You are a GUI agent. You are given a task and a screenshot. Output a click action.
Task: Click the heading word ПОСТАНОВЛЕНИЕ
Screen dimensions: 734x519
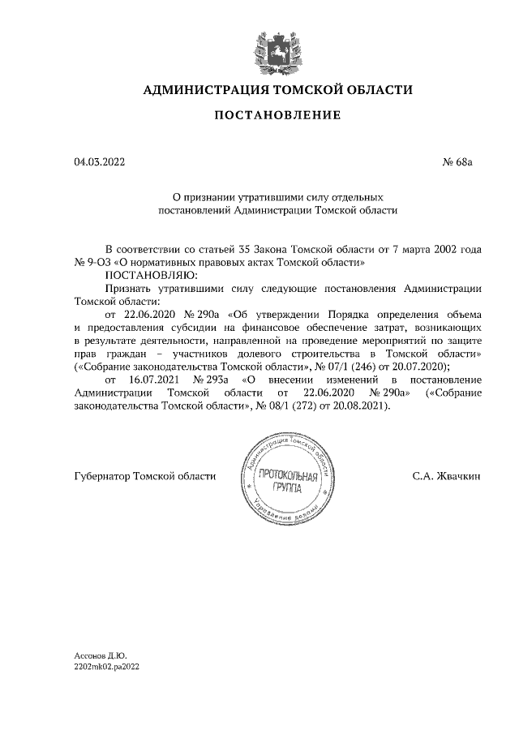pyautogui.click(x=277, y=115)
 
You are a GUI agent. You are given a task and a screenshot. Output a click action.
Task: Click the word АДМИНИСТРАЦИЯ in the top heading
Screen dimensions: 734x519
pyautogui.click(x=203, y=89)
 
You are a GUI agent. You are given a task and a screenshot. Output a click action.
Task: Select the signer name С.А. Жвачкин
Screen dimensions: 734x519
pyautogui.click(x=445, y=476)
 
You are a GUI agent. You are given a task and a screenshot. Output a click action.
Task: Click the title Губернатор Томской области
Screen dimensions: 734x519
pyautogui.click(x=144, y=476)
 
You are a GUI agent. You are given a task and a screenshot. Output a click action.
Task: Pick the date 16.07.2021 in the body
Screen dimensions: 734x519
pyautogui.click(x=156, y=380)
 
